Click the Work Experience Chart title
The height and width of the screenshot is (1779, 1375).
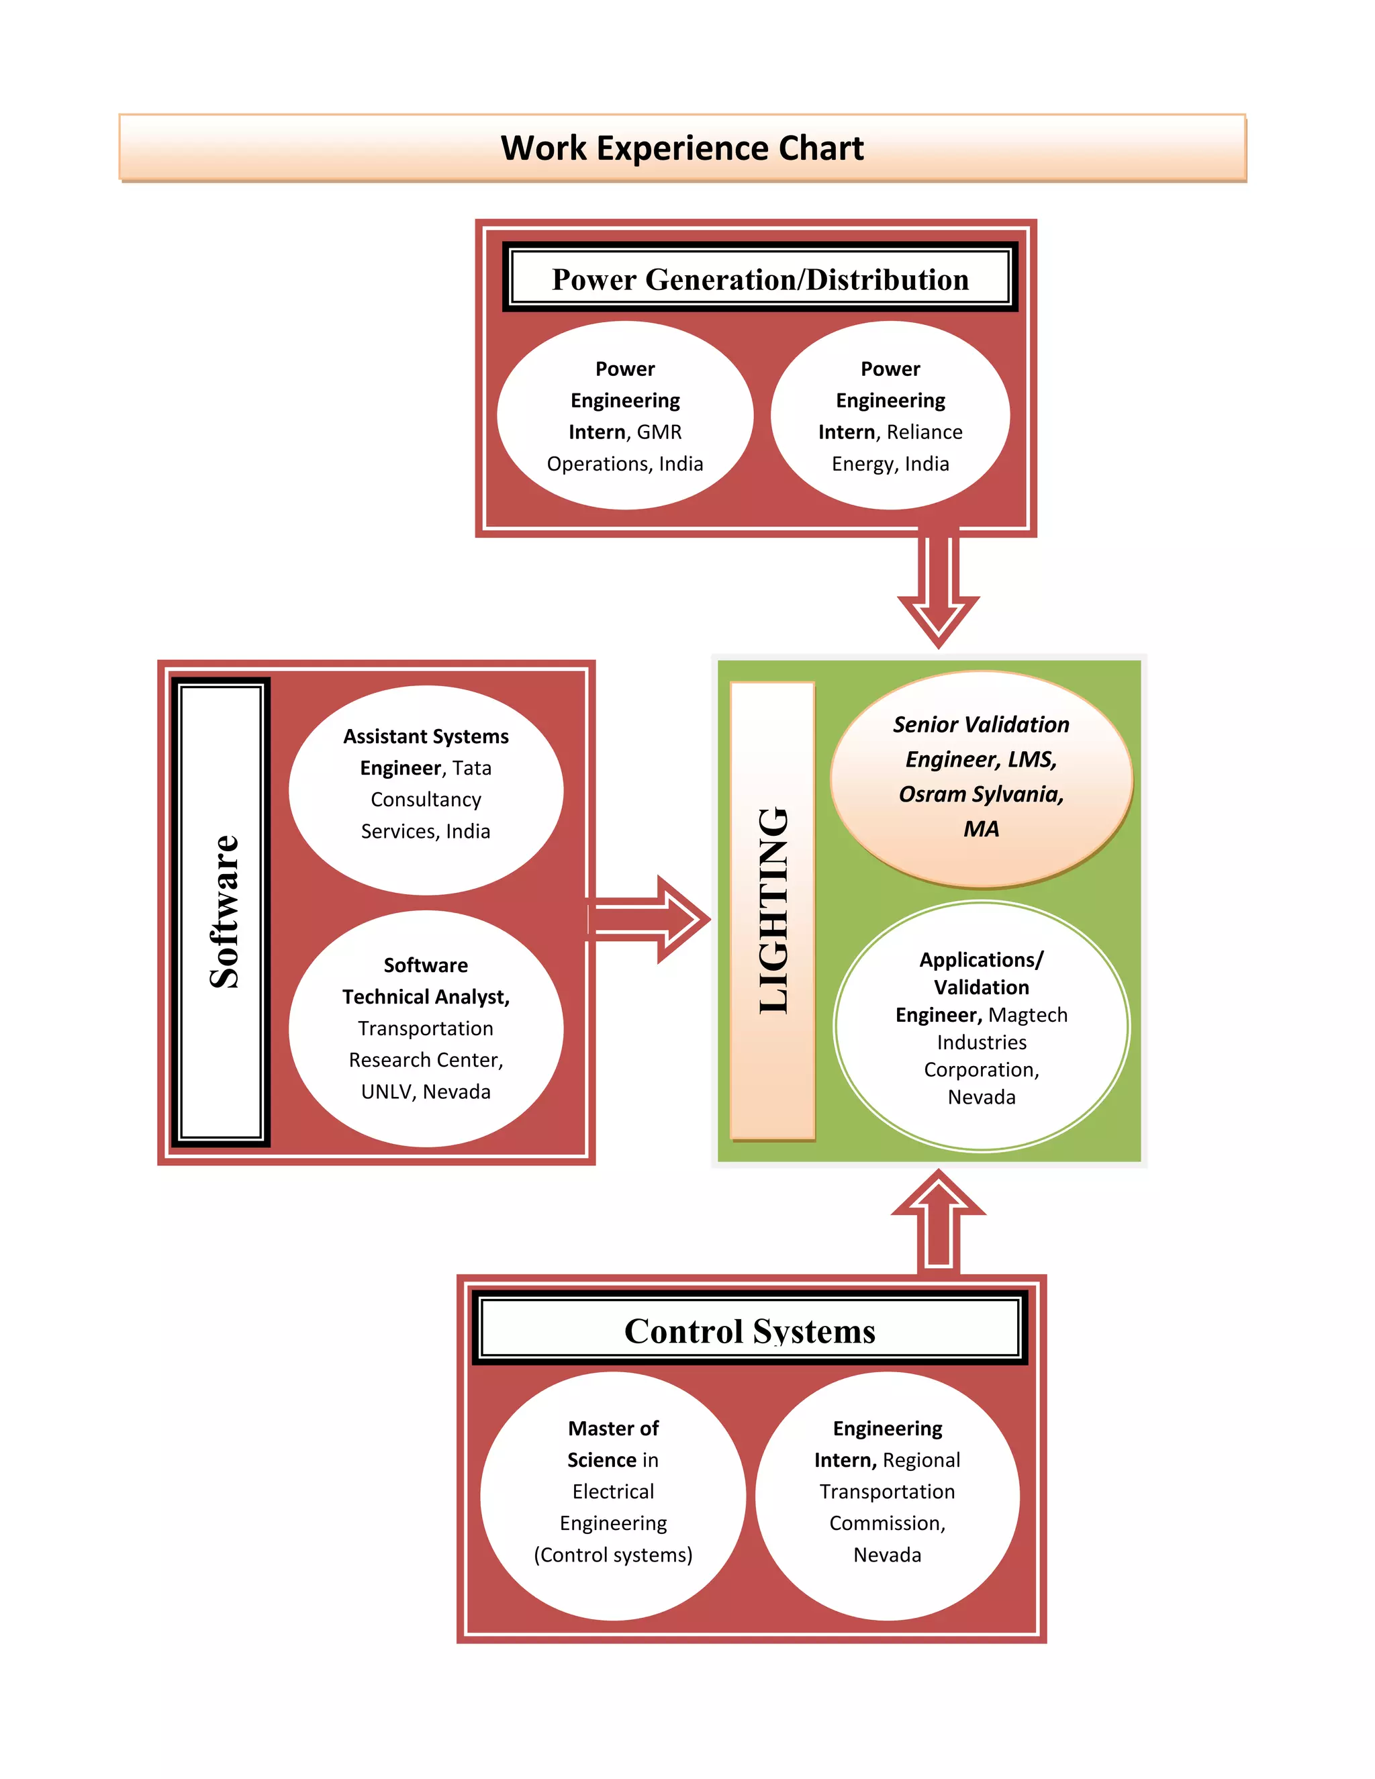[682, 148]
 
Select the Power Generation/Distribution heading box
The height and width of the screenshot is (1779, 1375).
[759, 279]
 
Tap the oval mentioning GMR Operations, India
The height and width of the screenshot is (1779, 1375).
[625, 416]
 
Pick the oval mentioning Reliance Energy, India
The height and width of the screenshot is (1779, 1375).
[890, 416]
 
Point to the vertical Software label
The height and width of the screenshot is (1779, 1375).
[222, 912]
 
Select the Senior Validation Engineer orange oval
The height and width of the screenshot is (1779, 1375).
[981, 778]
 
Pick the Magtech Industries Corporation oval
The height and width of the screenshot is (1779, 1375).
[981, 1026]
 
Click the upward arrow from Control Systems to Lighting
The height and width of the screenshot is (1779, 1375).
[939, 1222]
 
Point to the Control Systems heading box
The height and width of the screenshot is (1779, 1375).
[749, 1331]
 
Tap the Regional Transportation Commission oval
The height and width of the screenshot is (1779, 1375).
[887, 1496]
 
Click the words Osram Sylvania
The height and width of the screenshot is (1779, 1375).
[981, 794]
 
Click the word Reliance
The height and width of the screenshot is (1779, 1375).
[924, 432]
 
